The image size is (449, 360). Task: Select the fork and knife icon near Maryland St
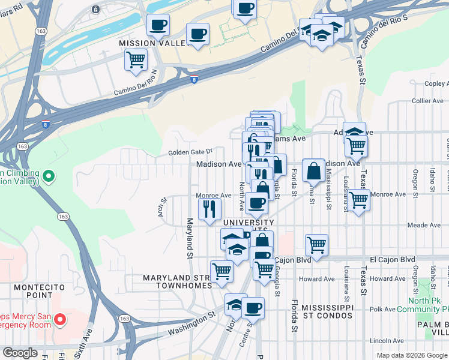[x=209, y=209]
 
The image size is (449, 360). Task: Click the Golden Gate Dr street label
[x=190, y=152]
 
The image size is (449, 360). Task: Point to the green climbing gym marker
[x=49, y=177]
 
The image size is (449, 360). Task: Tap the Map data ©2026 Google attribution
[x=412, y=355]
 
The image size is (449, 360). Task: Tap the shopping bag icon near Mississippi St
[x=313, y=172]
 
